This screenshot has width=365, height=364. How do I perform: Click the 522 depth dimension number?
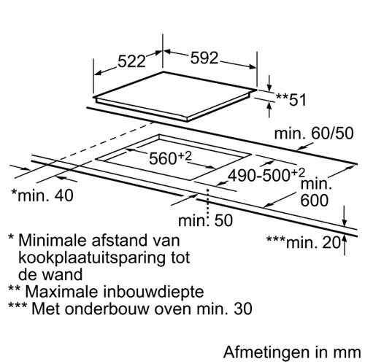pyautogui.click(x=131, y=61)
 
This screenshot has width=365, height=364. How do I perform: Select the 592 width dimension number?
pyautogui.click(x=204, y=58)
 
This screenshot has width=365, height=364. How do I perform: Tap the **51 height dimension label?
pyautogui.click(x=291, y=100)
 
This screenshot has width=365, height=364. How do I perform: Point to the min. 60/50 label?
pyautogui.click(x=314, y=133)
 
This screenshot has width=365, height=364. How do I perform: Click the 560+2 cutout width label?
pyautogui.click(x=170, y=158)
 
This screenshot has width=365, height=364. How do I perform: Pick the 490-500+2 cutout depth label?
pyautogui.click(x=266, y=175)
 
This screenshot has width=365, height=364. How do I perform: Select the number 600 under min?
pyautogui.click(x=315, y=201)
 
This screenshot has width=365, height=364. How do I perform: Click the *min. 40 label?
pyautogui.click(x=42, y=195)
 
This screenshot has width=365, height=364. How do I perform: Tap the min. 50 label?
pyautogui.click(x=206, y=221)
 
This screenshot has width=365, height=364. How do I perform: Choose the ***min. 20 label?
pyautogui.click(x=304, y=242)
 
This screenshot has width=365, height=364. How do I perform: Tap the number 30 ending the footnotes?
pyautogui.click(x=243, y=309)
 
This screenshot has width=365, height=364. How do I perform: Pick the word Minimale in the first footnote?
pyautogui.click(x=53, y=240)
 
